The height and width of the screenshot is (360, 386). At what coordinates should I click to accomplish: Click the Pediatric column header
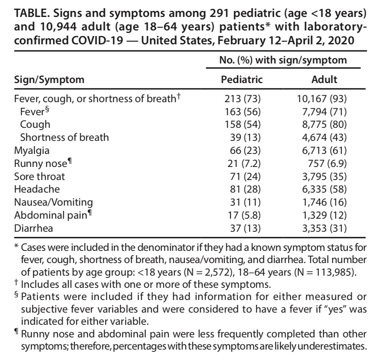pos(242,80)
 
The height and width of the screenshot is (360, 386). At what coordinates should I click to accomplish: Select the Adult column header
pos(324,80)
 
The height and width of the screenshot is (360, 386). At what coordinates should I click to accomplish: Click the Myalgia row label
pos(31,150)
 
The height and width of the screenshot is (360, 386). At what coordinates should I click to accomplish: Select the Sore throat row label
pos(39,177)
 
